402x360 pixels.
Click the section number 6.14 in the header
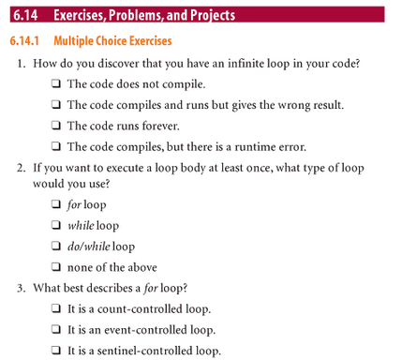(22, 15)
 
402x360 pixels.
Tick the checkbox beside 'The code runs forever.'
(57, 126)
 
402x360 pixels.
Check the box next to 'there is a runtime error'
(57, 146)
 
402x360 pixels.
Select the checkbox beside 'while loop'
(57, 226)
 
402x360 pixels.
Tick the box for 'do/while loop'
(57, 247)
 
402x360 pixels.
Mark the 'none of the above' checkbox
(57, 267)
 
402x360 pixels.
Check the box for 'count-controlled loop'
(57, 308)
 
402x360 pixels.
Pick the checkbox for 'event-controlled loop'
(57, 329)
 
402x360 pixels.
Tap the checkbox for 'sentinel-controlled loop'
(57, 351)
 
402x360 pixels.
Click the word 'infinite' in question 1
(241, 65)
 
